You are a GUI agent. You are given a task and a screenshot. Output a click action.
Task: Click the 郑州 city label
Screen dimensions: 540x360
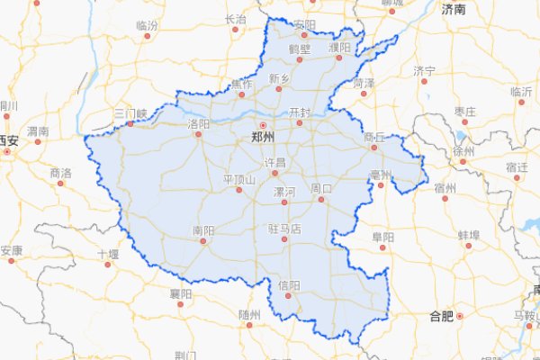pyautogui.click(x=263, y=138)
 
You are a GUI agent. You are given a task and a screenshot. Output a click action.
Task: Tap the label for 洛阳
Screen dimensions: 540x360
pyautogui.click(x=198, y=123)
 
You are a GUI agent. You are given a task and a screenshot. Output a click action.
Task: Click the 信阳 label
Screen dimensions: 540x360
pyautogui.click(x=289, y=286)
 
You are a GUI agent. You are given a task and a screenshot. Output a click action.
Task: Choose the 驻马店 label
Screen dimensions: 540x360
pyautogui.click(x=283, y=229)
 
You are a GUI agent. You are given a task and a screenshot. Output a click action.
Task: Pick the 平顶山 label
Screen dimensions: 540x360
pyautogui.click(x=239, y=179)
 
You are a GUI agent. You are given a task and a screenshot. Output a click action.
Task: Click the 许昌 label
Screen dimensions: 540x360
pyautogui.click(x=274, y=163)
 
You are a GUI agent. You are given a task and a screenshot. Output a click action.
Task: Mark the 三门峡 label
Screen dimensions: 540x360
pyautogui.click(x=130, y=113)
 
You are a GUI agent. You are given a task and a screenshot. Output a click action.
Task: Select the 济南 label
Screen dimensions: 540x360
pyautogui.click(x=454, y=10)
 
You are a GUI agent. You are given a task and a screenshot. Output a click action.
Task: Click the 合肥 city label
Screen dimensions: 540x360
pyautogui.click(x=441, y=317)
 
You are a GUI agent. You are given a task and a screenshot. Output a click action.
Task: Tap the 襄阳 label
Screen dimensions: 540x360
pyautogui.click(x=180, y=293)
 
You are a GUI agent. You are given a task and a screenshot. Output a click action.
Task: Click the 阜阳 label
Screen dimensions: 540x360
pyautogui.click(x=383, y=237)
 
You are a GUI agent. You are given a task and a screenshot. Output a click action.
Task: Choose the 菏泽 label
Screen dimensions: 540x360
pyautogui.click(x=364, y=83)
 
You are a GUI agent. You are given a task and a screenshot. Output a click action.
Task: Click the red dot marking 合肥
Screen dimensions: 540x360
pyautogui.click(x=459, y=316)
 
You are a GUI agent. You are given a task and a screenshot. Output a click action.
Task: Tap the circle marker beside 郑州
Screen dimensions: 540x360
pyautogui.click(x=263, y=125)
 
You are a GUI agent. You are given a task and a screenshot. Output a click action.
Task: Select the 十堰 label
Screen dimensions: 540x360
pyautogui.click(x=108, y=255)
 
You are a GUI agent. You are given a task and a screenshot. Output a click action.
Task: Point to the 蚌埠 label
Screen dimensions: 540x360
pyautogui.click(x=468, y=235)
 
